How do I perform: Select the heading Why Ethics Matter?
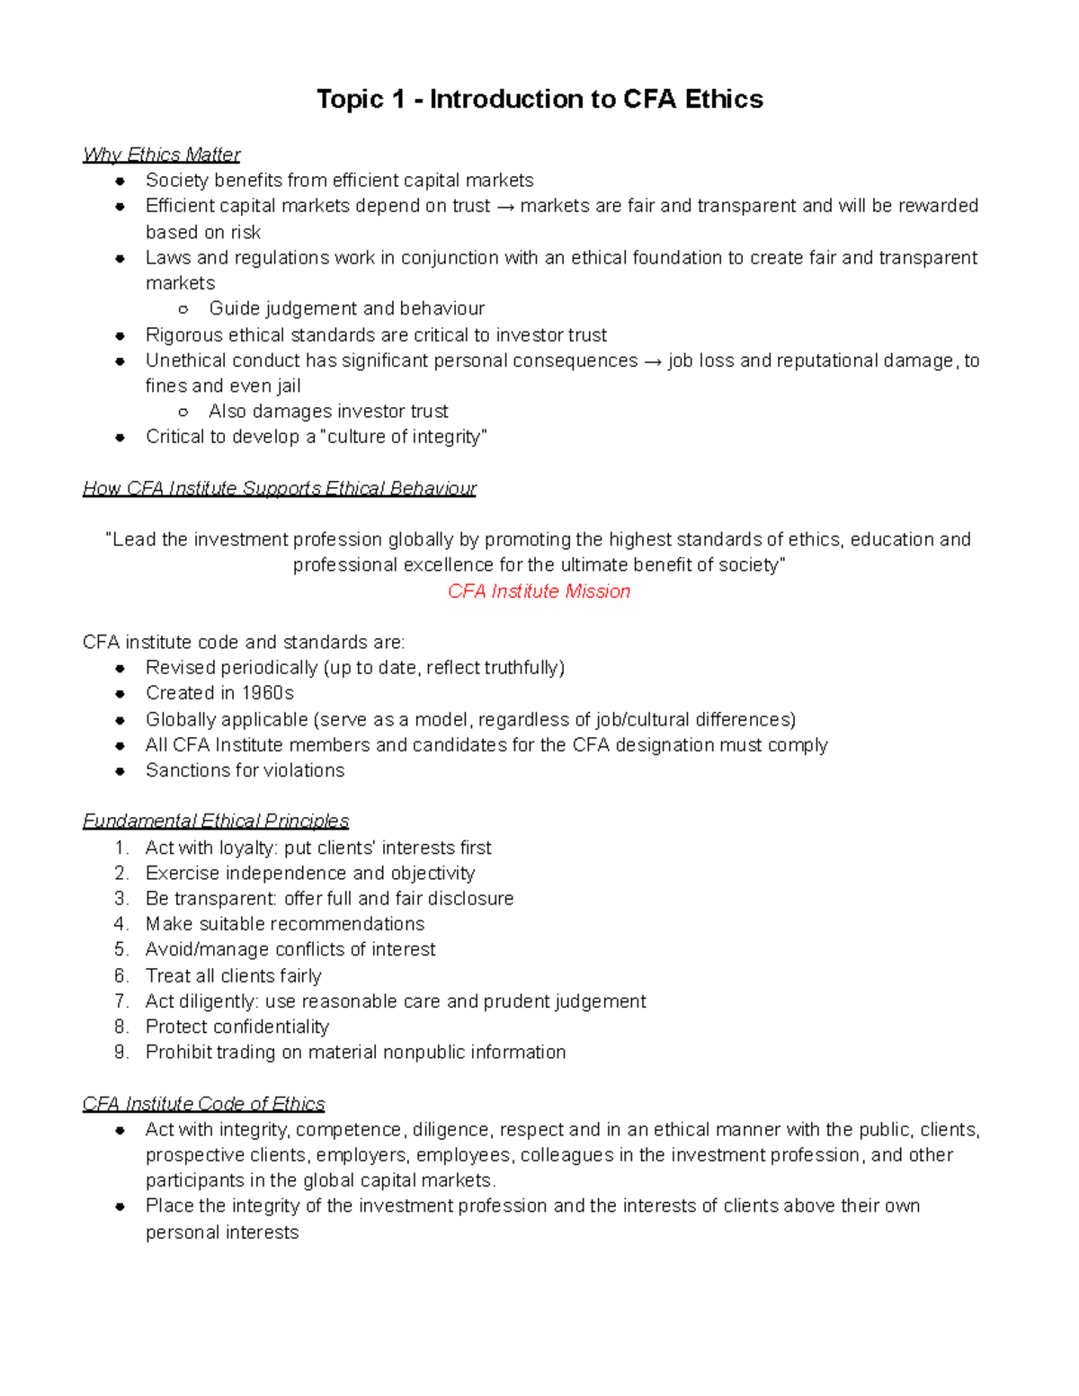[x=162, y=155]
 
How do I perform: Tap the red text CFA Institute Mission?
[x=539, y=591]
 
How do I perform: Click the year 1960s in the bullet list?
[x=268, y=693]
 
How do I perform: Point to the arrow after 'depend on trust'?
[x=505, y=207]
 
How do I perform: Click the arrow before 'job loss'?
[x=653, y=361]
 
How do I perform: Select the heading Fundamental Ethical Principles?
[x=216, y=821]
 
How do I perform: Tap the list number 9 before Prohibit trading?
[x=120, y=1052]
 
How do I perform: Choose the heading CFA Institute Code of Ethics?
[x=204, y=1104]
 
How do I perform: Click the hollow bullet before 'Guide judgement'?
[x=183, y=309]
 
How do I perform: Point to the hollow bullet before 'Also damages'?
[x=183, y=412]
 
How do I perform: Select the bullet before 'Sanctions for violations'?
[x=120, y=770]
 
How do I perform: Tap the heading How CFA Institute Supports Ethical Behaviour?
[x=280, y=488]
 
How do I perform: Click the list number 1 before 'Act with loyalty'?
[x=120, y=848]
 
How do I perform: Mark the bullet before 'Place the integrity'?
[x=120, y=1206]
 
